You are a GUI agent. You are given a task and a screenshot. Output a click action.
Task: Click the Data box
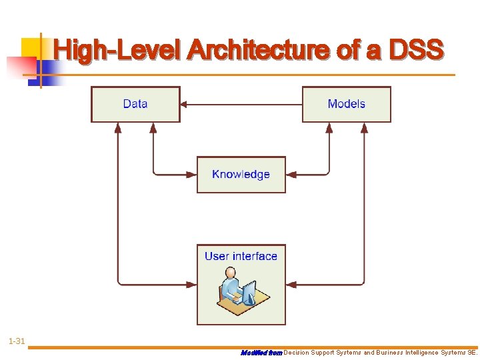tap(135, 104)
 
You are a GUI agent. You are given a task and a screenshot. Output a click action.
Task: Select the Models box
tap(346, 104)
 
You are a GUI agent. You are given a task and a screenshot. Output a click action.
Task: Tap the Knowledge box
tap(241, 175)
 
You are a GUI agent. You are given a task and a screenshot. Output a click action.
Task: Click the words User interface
tap(241, 256)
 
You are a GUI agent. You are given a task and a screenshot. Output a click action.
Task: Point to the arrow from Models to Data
tap(241, 104)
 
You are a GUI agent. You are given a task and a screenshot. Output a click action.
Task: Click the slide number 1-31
tap(17, 342)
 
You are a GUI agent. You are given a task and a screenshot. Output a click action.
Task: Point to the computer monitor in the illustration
tap(249, 291)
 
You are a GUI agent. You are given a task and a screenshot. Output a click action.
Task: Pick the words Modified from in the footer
tap(261, 353)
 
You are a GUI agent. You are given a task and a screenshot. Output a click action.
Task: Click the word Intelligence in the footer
tap(417, 353)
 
